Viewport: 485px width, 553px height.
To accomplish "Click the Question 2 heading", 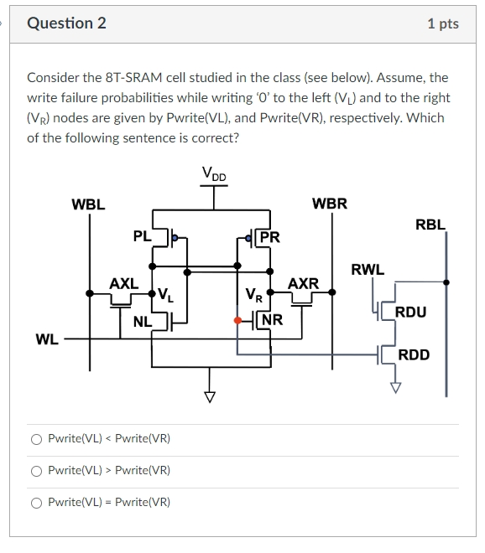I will coord(67,23).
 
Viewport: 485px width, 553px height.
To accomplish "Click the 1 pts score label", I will coord(442,23).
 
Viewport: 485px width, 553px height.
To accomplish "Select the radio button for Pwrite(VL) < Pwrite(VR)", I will coord(36,438).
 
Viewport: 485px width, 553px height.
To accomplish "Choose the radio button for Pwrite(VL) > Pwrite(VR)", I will coord(36,470).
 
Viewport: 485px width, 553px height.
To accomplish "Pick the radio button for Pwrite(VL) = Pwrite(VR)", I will coord(36,502).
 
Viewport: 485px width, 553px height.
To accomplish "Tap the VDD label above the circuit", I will coord(214,173).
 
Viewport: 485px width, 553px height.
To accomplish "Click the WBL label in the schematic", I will coord(88,204).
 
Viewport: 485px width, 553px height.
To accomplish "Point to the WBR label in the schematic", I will coord(329,204).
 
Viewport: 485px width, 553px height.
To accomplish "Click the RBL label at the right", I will coord(430,224).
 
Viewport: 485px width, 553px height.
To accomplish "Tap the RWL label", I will coord(368,270).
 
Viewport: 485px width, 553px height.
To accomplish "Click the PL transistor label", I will coord(143,236).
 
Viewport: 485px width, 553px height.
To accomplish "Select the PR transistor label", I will coord(269,237).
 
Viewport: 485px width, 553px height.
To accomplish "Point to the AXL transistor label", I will coord(124,284).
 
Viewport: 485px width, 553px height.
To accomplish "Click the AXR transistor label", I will coord(303,283).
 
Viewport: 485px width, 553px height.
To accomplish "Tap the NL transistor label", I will coord(143,319).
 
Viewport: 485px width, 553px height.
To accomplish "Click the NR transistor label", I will coord(272,319).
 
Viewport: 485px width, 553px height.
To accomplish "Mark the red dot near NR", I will coord(237,320).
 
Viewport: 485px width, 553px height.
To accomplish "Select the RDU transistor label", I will coord(410,313).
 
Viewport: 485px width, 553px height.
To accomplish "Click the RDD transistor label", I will coord(414,354).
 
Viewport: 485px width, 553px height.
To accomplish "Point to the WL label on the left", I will coord(47,339).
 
